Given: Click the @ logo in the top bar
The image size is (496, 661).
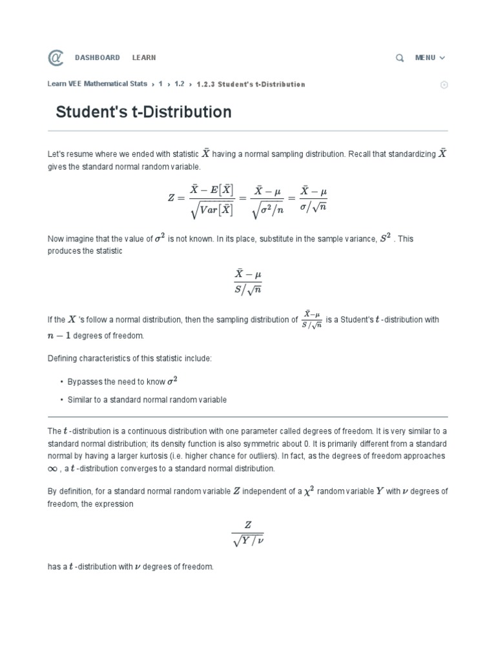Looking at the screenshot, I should pyautogui.click(x=56, y=58).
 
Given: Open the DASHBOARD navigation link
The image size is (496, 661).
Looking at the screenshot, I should pyautogui.click(x=98, y=57).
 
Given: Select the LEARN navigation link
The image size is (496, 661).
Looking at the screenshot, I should pyautogui.click(x=144, y=57).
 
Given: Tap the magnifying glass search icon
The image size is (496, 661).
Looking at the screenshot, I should pyautogui.click(x=400, y=58).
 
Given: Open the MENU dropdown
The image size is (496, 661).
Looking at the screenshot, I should pyautogui.click(x=429, y=58).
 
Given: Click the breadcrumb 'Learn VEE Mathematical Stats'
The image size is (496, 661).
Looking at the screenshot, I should pyautogui.click(x=98, y=85).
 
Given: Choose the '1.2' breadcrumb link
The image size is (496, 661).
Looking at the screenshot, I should pyautogui.click(x=179, y=85).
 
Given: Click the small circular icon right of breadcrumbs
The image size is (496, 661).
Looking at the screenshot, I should pyautogui.click(x=444, y=85).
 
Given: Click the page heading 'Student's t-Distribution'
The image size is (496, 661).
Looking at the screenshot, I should pyautogui.click(x=143, y=112).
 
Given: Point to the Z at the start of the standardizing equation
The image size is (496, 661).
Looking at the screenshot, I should pyautogui.click(x=171, y=198).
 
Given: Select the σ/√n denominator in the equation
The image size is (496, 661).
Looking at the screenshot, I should pyautogui.click(x=314, y=207).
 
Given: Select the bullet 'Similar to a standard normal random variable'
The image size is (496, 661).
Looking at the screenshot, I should pyautogui.click(x=147, y=400).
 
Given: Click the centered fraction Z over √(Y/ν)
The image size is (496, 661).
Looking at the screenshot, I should pyautogui.click(x=247, y=534).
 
